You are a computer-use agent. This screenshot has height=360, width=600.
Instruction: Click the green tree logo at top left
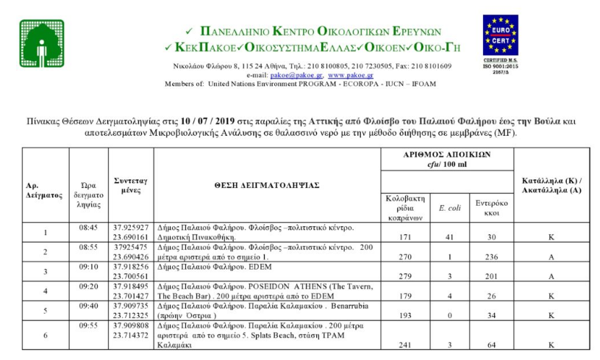pos(41,43)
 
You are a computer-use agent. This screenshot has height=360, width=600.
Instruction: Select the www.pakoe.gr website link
pos(351,75)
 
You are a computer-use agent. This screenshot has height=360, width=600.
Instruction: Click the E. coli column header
pos(449,208)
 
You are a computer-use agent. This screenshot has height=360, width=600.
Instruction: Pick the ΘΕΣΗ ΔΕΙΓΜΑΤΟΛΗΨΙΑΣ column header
pos(267,185)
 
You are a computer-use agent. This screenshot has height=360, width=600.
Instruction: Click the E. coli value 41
pos(450,237)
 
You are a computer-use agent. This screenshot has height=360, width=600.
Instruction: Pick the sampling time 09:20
pos(88,286)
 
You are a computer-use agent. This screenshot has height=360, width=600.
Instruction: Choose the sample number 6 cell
pos(46,334)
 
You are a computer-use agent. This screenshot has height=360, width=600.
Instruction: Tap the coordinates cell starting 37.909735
pos(131,305)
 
